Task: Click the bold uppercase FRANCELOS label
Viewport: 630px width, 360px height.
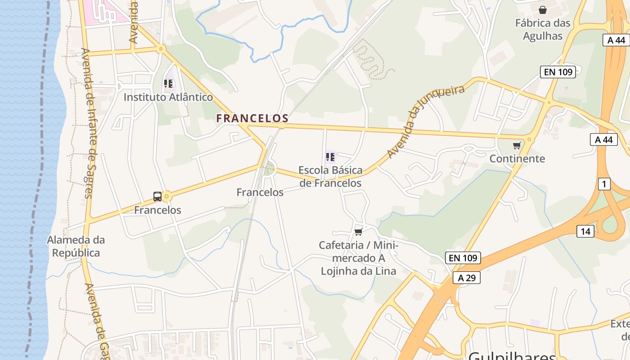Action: coord(252,118)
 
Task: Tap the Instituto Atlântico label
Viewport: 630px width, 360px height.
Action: coord(168,97)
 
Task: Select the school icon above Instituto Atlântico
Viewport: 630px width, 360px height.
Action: coord(168,83)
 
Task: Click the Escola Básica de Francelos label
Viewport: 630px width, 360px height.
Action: coord(330,176)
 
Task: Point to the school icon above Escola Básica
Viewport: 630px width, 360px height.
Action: coord(330,157)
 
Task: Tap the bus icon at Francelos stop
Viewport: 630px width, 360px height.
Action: coord(157,197)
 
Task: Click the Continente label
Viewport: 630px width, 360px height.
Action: coord(517,158)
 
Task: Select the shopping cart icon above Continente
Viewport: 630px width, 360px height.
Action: coord(517,145)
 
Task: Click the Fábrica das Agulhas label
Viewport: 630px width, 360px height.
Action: coord(543,29)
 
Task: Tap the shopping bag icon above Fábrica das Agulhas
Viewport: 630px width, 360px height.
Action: coord(543,9)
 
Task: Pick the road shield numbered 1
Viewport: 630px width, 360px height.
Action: coord(604,184)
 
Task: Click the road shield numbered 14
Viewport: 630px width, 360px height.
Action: coord(585,231)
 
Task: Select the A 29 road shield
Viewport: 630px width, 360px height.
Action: coord(467,278)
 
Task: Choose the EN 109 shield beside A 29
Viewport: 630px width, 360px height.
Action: coord(463,258)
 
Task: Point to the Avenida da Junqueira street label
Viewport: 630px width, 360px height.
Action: coord(425,121)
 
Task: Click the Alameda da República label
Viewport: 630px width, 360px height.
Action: coord(76,246)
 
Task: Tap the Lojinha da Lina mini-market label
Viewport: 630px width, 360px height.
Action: coord(358,258)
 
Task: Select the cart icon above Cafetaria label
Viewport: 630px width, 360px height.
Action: coord(358,232)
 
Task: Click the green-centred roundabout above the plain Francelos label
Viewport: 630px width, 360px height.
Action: coord(269,169)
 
